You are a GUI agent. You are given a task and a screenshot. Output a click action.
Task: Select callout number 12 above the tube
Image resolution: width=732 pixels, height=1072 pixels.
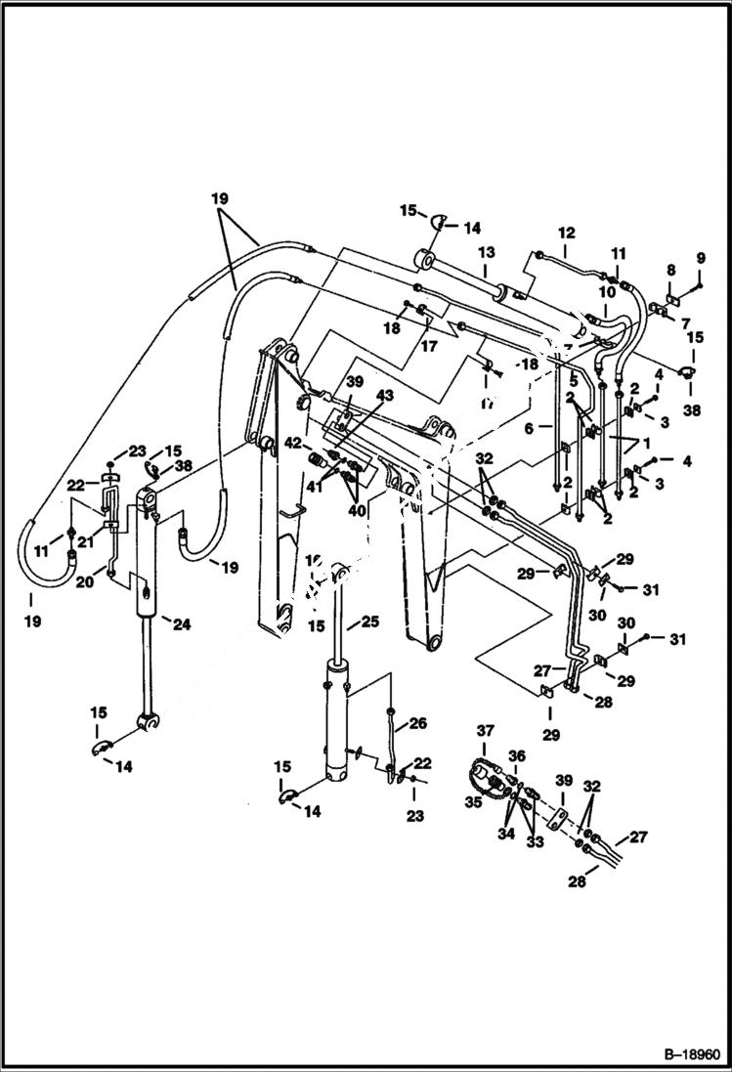(x=567, y=233)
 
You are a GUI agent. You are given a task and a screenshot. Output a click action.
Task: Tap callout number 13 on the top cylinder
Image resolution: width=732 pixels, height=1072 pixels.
(x=486, y=253)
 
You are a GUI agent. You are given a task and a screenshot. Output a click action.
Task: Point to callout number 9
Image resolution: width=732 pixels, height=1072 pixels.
(x=700, y=258)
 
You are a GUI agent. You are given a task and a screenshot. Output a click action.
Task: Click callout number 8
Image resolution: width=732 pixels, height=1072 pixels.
(x=670, y=270)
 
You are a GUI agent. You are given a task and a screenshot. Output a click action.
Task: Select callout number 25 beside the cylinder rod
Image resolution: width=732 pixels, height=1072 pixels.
(x=370, y=621)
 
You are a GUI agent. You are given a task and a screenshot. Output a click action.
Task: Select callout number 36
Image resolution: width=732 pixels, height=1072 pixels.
(x=515, y=755)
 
